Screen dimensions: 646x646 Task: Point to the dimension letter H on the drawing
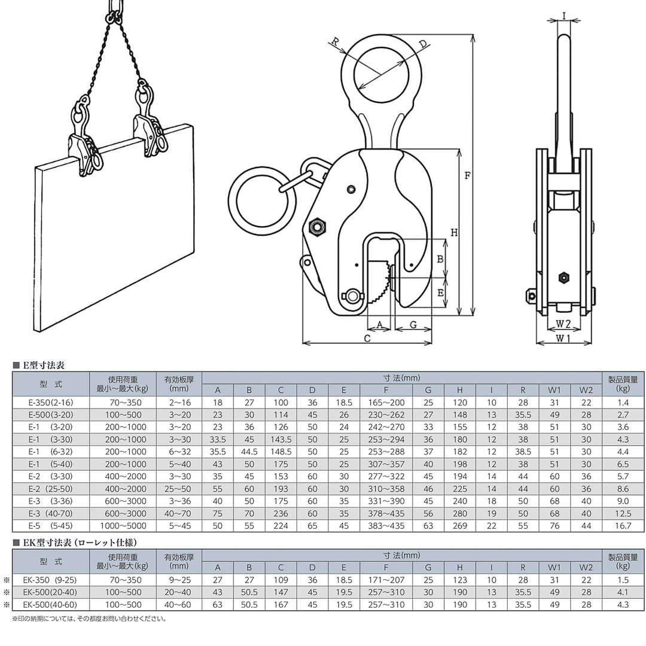click(x=454, y=233)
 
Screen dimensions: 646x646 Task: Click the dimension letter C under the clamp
click(x=367, y=339)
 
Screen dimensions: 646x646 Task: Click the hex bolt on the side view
click(x=563, y=277)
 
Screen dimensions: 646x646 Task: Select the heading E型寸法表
click(x=42, y=364)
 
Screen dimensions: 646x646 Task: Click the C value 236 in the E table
click(x=281, y=513)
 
